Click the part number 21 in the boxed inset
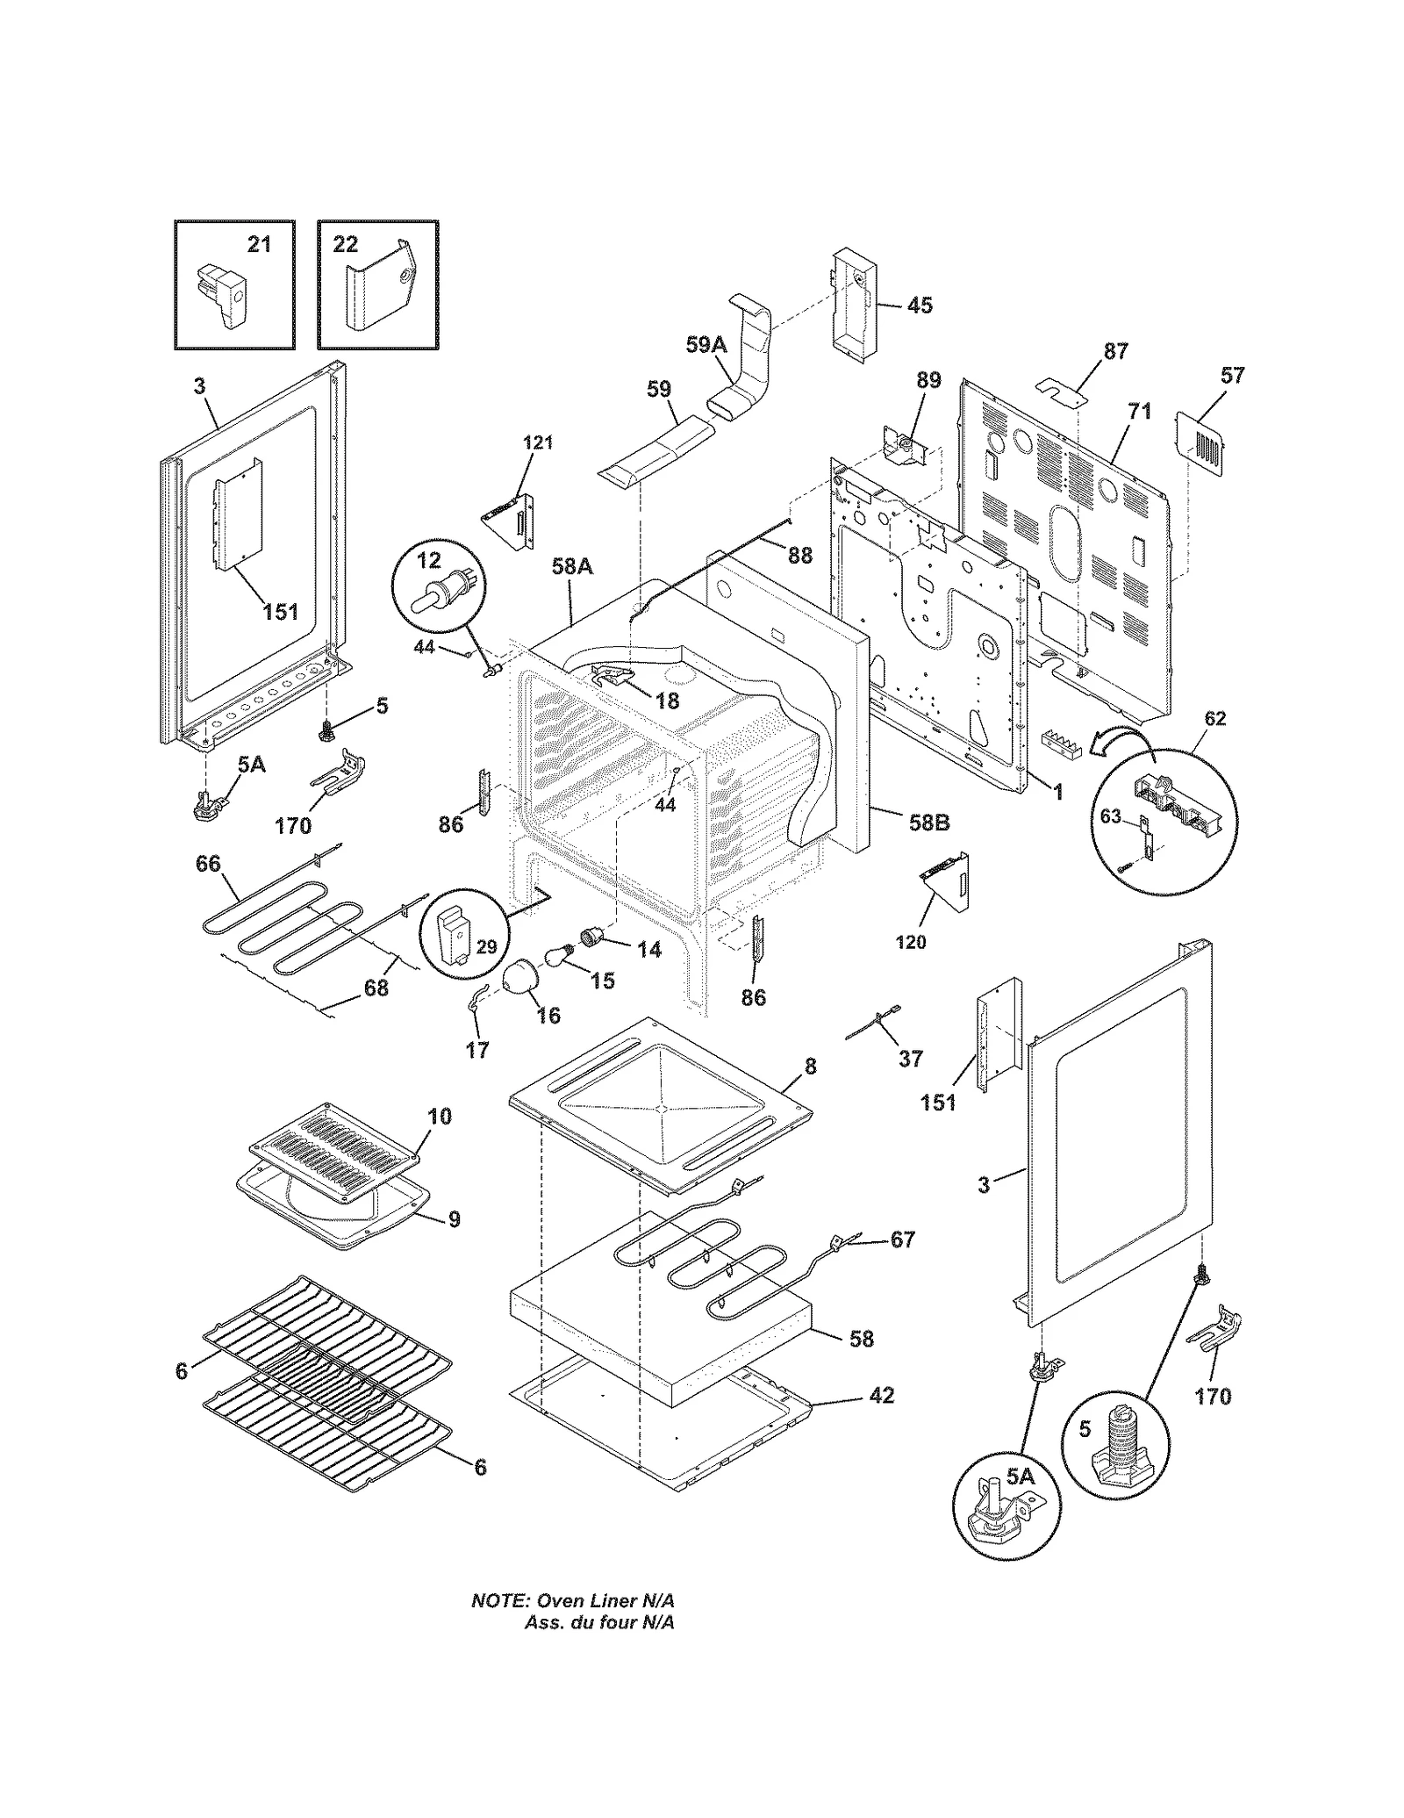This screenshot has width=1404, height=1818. [x=258, y=244]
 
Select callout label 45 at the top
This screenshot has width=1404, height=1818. [x=919, y=305]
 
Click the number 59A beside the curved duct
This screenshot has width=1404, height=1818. [x=706, y=345]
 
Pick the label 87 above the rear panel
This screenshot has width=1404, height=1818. [x=1115, y=351]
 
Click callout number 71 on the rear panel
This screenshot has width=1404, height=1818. [x=1139, y=411]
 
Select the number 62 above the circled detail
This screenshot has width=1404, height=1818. [x=1214, y=718]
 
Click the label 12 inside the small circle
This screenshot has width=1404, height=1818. [x=429, y=560]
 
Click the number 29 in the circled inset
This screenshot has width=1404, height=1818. [x=486, y=946]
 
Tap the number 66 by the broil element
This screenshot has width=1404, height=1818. [x=208, y=864]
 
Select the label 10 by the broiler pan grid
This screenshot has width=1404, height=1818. [x=440, y=1116]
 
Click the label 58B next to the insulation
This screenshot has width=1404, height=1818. [x=929, y=823]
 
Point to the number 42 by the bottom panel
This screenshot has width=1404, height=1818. [x=882, y=1395]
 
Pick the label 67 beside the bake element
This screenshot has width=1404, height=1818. [x=903, y=1240]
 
